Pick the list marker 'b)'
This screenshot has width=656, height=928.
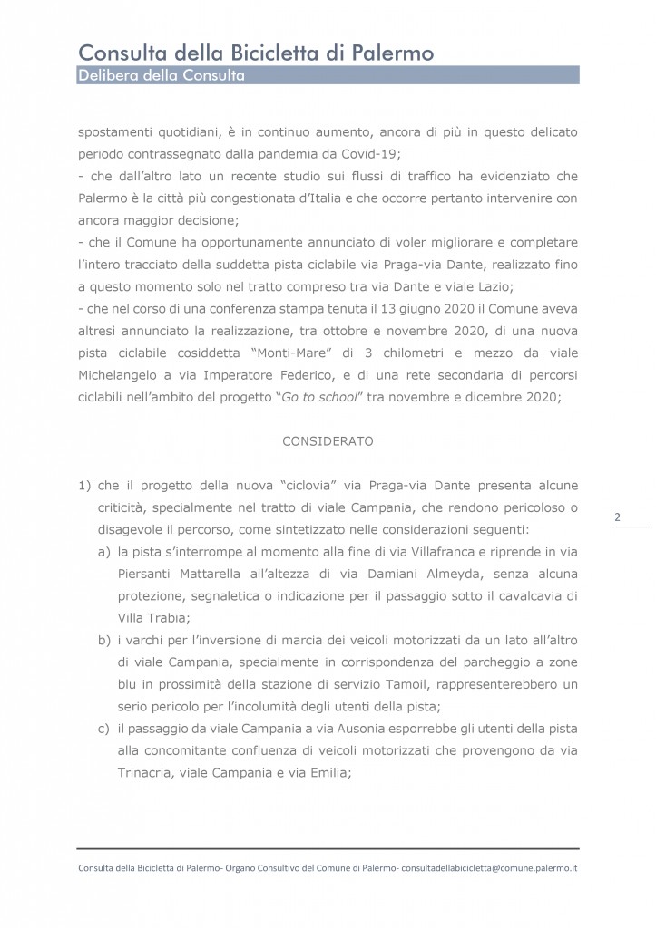tap(103, 641)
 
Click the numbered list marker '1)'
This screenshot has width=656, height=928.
tap(84, 486)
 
